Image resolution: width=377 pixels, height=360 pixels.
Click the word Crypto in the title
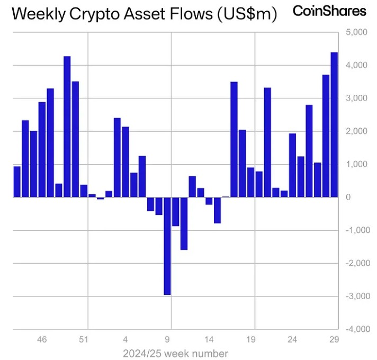pyautogui.click(x=99, y=14)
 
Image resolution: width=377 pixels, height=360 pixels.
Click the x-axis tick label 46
pyautogui.click(x=42, y=340)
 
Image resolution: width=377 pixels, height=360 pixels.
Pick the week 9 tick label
pyautogui.click(x=167, y=340)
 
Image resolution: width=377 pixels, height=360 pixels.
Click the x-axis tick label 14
pyautogui.click(x=209, y=340)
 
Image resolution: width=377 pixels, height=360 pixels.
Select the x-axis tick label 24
pyautogui.click(x=292, y=340)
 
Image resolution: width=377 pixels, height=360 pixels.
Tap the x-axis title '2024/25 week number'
pyautogui.click(x=175, y=353)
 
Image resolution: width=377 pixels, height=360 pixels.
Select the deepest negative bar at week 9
pyautogui.click(x=167, y=246)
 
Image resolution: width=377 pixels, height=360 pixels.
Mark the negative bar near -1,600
pyautogui.click(x=184, y=223)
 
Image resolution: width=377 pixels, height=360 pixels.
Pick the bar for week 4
pyautogui.click(x=125, y=162)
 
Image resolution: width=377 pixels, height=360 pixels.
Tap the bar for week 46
pyautogui.click(x=42, y=149)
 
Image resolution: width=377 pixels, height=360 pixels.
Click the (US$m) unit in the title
pyautogui.click(x=247, y=14)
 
